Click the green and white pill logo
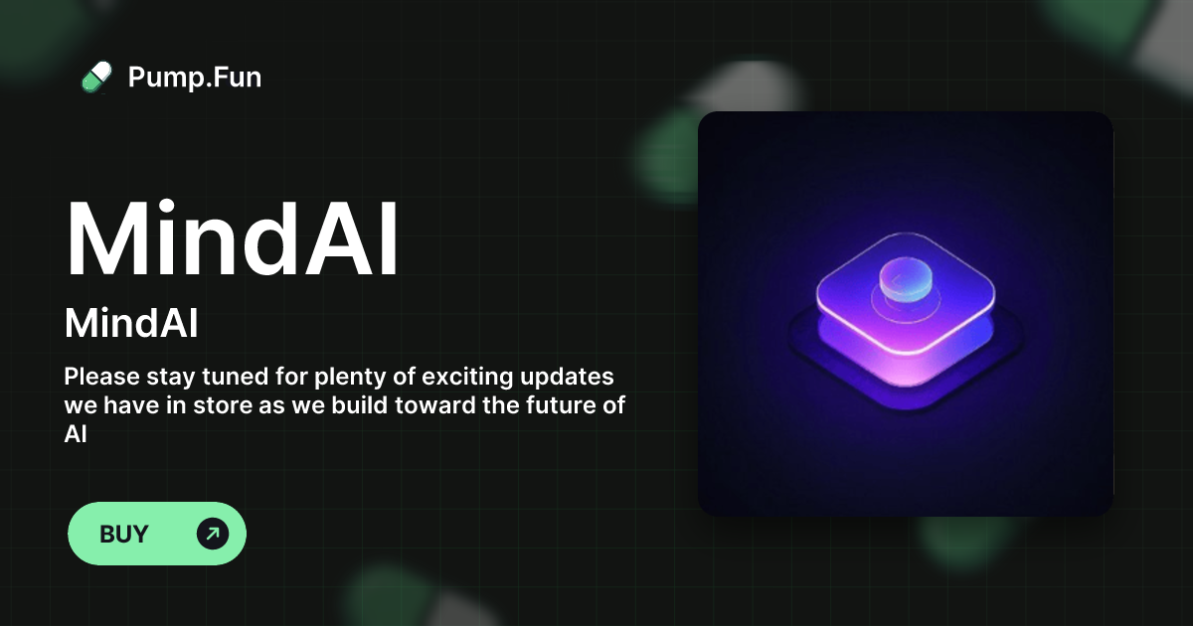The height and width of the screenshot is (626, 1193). [96, 78]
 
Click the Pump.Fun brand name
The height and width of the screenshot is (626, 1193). [195, 78]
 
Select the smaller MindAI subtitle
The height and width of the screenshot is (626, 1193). [131, 323]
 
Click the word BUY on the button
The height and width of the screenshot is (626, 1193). [124, 534]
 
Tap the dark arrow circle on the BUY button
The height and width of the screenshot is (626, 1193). [213, 534]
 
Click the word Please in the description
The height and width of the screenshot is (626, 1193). [101, 377]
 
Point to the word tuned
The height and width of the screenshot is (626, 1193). [235, 377]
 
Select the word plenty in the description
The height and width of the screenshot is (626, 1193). [349, 378]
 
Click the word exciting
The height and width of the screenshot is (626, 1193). [467, 378]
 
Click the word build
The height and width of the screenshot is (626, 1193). [360, 405]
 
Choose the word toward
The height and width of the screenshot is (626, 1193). [435, 405]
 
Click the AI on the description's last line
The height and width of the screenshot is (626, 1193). [76, 434]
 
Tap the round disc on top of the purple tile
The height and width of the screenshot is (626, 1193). [906, 279]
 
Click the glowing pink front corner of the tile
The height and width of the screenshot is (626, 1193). [906, 368]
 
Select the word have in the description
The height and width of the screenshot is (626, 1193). [130, 405]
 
